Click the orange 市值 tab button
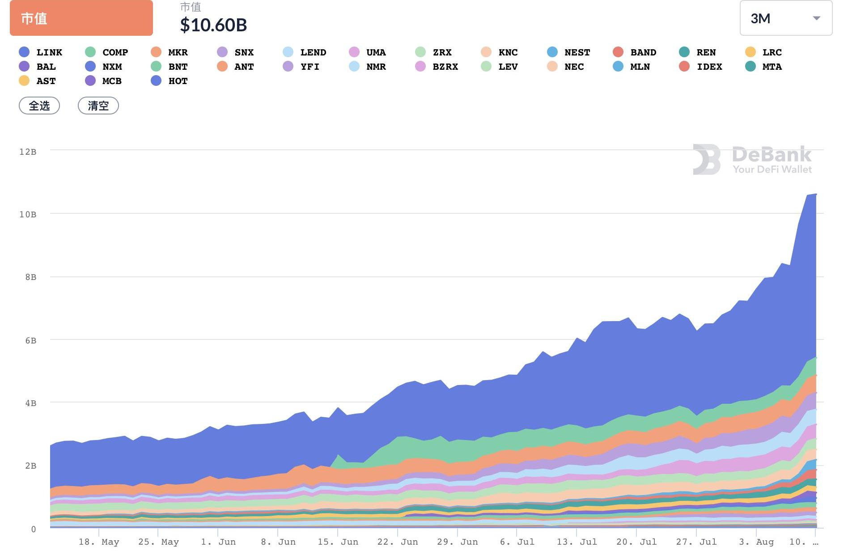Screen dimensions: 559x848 (x=81, y=18)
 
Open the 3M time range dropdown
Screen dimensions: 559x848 (x=785, y=18)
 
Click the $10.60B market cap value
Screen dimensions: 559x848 (x=213, y=25)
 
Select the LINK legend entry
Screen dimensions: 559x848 (x=41, y=52)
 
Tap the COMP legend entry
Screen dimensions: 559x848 (x=107, y=52)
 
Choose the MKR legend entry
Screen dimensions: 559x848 (x=170, y=52)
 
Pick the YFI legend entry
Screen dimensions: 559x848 (x=301, y=67)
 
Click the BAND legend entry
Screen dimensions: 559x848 (x=635, y=52)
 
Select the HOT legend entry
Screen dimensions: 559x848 (x=170, y=81)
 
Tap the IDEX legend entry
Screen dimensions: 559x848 (x=701, y=67)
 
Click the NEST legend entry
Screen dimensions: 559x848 (x=569, y=52)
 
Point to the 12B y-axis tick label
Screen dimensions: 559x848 (x=28, y=152)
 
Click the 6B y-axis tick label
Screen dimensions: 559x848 (x=30, y=341)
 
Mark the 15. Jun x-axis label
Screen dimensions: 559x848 (x=338, y=542)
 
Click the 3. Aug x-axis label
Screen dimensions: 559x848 (x=756, y=542)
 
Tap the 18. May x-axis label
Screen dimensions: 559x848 (x=99, y=542)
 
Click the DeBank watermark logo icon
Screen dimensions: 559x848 (x=707, y=159)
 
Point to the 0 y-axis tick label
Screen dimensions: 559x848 (x=34, y=529)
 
